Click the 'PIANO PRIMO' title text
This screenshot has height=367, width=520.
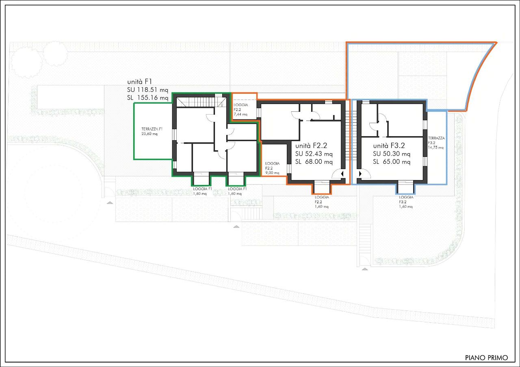click(486, 358)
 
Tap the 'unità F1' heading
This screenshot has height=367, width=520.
click(139, 82)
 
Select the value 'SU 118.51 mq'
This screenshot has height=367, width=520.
click(147, 90)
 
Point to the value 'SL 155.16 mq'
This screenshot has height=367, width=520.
click(147, 98)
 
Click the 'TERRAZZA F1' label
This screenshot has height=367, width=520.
click(152, 129)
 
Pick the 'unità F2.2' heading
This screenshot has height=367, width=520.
click(311, 145)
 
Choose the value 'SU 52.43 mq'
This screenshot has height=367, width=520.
click(314, 154)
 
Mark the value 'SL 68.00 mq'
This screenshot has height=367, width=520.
click(314, 162)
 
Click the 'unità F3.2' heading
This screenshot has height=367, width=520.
click(389, 145)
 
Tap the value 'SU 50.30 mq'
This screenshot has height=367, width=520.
click(392, 154)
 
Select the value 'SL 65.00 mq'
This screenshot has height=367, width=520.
click(392, 162)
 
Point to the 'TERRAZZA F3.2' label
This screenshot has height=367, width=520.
click(436, 140)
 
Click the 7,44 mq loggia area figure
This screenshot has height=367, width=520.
click(240, 114)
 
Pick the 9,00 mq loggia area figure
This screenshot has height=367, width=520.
click(272, 173)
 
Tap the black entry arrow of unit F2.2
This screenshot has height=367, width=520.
click(342, 174)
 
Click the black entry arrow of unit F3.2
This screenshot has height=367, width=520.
click(360, 174)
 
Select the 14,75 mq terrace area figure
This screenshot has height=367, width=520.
click(436, 148)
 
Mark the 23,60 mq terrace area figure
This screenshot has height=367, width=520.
click(149, 134)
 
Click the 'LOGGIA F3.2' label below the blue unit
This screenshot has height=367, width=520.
click(406, 200)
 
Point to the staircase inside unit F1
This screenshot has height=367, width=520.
click(201, 102)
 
